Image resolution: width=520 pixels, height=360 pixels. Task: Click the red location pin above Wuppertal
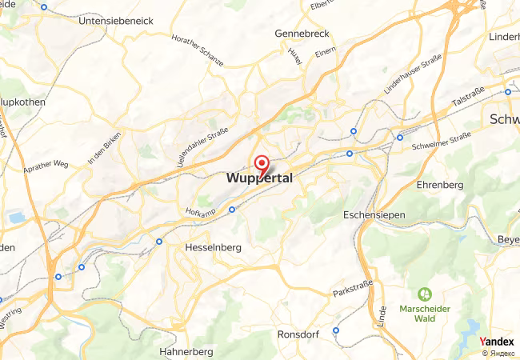(x=261, y=164)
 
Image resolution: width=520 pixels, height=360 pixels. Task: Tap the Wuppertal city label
(x=260, y=178)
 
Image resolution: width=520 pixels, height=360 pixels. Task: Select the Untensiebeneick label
(x=116, y=21)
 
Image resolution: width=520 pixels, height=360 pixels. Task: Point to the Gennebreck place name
(x=302, y=34)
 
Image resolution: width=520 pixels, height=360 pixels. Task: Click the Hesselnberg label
(x=213, y=248)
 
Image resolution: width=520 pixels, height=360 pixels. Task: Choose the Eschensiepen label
(x=374, y=215)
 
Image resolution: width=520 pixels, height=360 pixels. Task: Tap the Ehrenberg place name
(x=440, y=185)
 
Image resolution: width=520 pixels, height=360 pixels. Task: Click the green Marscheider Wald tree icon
(x=424, y=294)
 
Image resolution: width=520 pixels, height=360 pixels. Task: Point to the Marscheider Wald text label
(x=425, y=313)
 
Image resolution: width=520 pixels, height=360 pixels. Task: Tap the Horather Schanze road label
(x=198, y=50)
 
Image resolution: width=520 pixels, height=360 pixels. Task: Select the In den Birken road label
(x=104, y=148)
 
